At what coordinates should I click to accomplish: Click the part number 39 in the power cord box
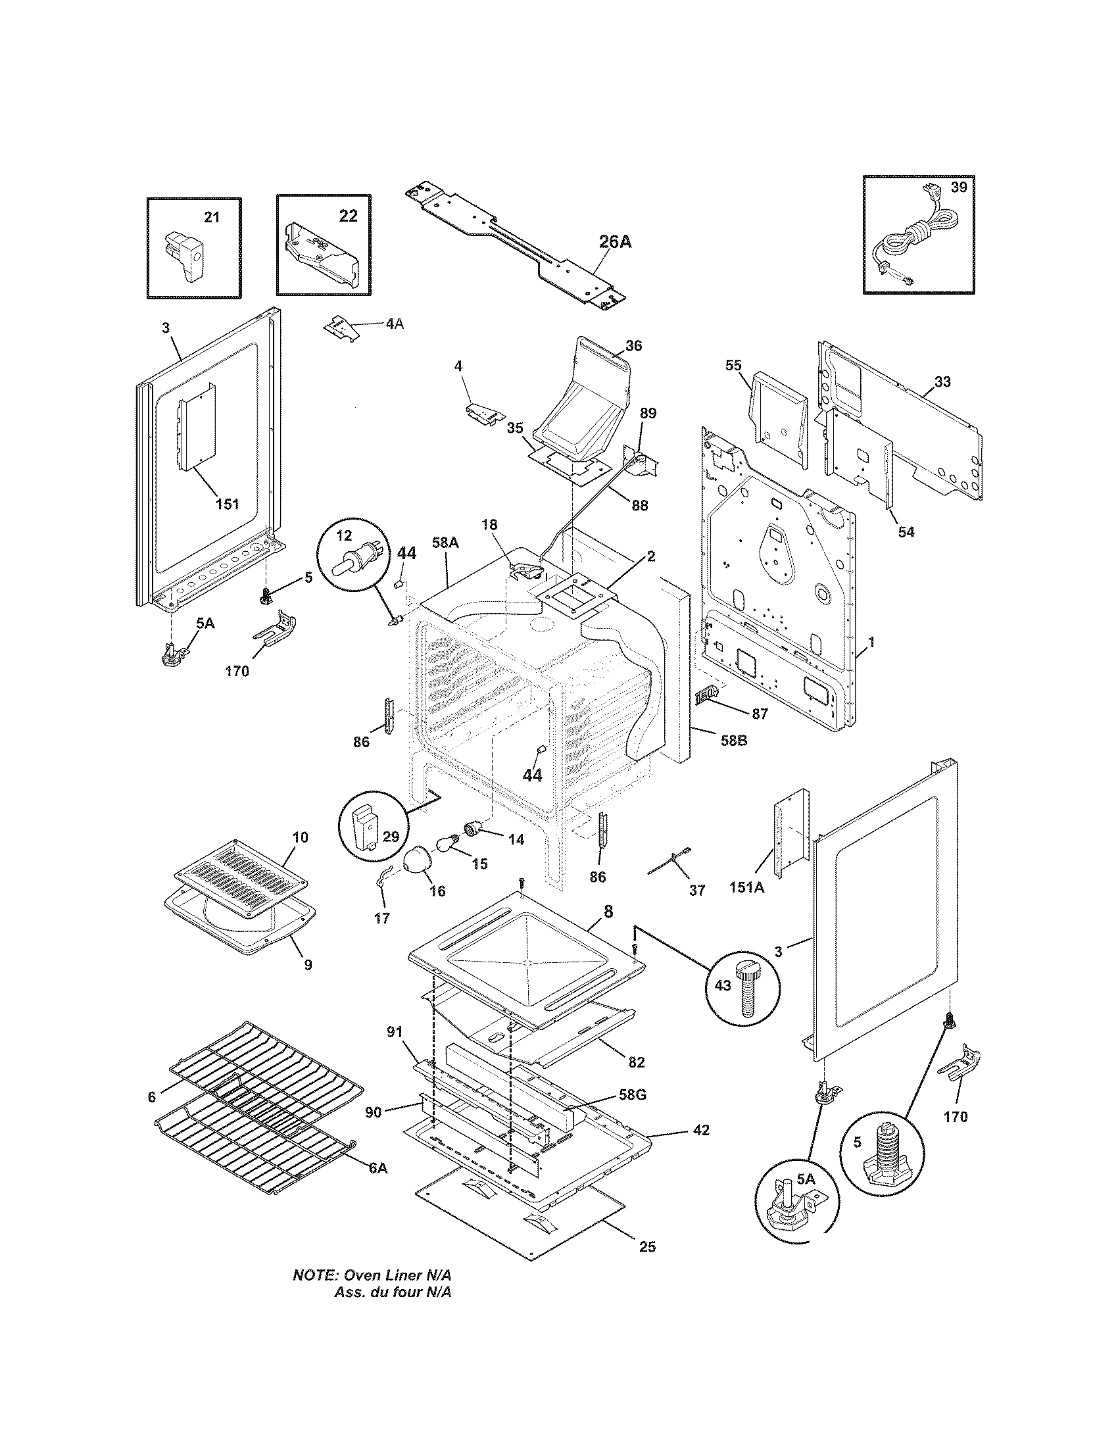[958, 187]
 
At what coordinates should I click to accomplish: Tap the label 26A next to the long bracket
[615, 242]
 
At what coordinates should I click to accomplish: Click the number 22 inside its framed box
[349, 216]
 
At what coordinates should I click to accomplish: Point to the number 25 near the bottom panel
[647, 1247]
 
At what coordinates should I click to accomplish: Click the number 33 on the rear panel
[942, 381]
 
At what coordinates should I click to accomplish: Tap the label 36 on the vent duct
[633, 346]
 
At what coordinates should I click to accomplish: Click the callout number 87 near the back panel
[760, 714]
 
